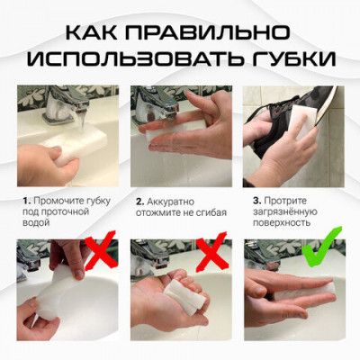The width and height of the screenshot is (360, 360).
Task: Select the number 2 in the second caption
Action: [x=139, y=200]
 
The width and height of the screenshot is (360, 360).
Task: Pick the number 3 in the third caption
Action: [x=256, y=200]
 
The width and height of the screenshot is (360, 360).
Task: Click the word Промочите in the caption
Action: [x=56, y=200]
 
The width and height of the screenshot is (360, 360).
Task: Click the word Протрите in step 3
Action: [x=292, y=200]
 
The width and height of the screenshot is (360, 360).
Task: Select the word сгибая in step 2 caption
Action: [x=209, y=212]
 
